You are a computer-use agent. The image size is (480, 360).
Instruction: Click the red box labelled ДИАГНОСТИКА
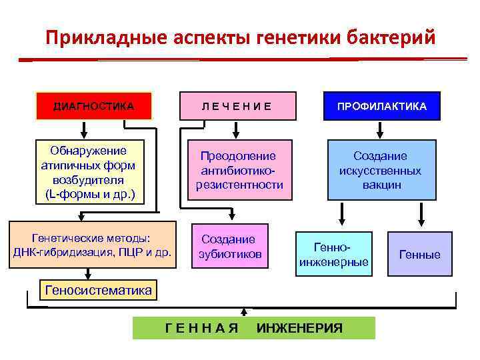pos(94,106)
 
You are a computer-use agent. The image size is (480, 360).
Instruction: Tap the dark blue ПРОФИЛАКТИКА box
pos(382,106)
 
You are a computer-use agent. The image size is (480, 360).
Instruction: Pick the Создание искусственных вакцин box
pos(381,170)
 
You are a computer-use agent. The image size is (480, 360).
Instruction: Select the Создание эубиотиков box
pos(229,246)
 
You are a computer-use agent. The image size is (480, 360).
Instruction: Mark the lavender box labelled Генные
pos(419,254)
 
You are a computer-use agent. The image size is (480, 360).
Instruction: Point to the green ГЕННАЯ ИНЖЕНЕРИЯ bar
pos(253,328)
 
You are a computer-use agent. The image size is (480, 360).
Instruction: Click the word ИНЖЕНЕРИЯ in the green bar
pos(300,328)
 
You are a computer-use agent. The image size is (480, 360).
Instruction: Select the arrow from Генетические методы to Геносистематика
pos(87,274)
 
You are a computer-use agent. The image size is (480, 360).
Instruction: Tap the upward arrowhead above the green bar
pos(244,311)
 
